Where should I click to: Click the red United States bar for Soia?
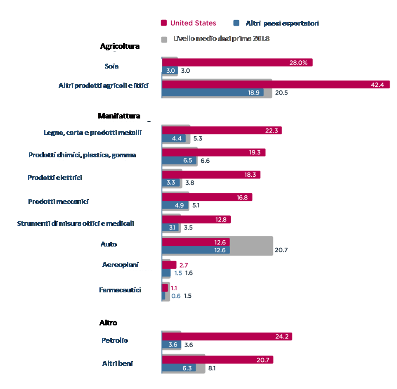(x=237, y=62)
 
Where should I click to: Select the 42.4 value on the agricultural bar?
(x=377, y=85)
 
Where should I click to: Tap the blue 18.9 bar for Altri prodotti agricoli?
(x=212, y=93)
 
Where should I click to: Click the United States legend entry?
(x=188, y=23)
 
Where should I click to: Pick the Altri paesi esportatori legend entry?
(x=276, y=23)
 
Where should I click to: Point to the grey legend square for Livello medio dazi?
(x=164, y=39)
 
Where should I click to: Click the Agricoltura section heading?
(x=120, y=46)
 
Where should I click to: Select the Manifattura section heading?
(x=119, y=116)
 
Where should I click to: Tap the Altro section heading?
(x=108, y=323)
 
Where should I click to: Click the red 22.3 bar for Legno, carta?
(x=222, y=130)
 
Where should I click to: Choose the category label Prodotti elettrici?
(x=55, y=178)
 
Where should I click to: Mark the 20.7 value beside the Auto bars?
(x=281, y=250)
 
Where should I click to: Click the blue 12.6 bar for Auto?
(x=196, y=250)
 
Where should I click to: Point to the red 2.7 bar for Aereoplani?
(x=169, y=265)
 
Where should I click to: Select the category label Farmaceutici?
(x=120, y=290)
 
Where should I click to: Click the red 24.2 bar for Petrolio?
(x=227, y=337)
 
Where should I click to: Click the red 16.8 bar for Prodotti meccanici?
(x=207, y=197)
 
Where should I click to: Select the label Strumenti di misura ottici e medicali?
(x=76, y=223)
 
